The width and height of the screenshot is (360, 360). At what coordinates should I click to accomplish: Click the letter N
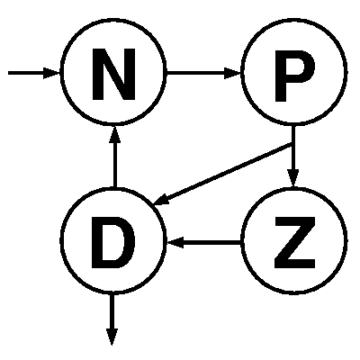pyautogui.click(x=113, y=74)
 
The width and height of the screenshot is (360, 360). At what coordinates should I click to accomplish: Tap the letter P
pyautogui.click(x=294, y=76)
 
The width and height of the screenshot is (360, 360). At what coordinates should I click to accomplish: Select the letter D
pyautogui.click(x=113, y=242)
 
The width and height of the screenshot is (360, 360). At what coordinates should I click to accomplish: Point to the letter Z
pyautogui.click(x=295, y=242)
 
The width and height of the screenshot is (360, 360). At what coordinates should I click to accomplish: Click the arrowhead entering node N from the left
pyautogui.click(x=51, y=73)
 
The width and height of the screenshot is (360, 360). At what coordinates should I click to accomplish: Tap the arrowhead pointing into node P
pyautogui.click(x=233, y=73)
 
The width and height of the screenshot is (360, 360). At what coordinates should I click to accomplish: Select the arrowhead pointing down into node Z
pyautogui.click(x=293, y=178)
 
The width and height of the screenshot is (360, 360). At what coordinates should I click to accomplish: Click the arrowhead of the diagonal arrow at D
pyautogui.click(x=161, y=199)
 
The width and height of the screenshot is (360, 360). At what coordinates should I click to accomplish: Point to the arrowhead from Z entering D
pyautogui.click(x=175, y=242)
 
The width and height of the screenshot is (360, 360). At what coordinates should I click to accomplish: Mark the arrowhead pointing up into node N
pyautogui.click(x=114, y=134)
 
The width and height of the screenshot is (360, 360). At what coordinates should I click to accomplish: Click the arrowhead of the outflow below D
pyautogui.click(x=112, y=337)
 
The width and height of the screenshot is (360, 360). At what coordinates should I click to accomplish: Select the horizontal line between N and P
pyautogui.click(x=195, y=73)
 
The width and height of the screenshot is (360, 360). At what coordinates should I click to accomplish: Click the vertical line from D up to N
pyautogui.click(x=114, y=165)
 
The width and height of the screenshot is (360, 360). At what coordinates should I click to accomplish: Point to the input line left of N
pyautogui.click(x=26, y=73)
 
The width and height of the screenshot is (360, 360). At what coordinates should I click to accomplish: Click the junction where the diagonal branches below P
pyautogui.click(x=292, y=145)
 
